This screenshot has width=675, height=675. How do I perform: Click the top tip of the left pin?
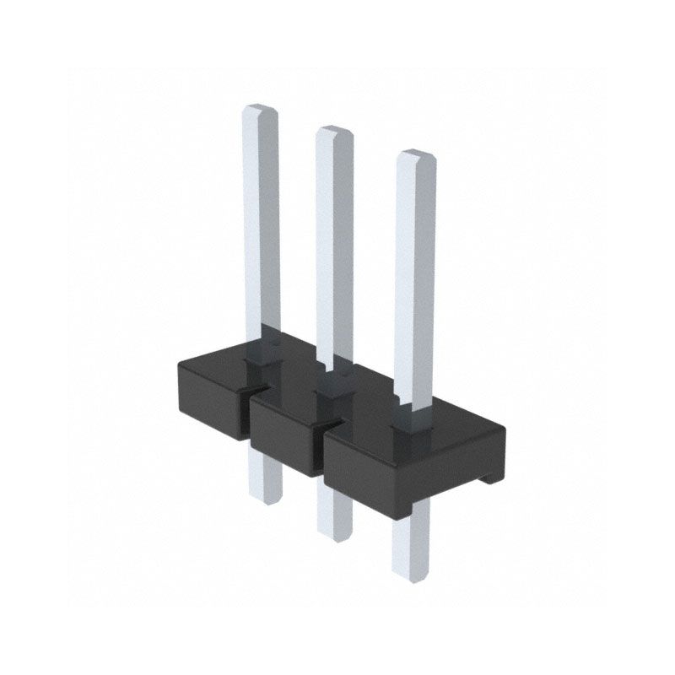point(261,109)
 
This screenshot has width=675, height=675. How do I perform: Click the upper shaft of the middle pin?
point(333,245)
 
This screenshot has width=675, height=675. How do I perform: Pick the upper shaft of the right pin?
point(415,278)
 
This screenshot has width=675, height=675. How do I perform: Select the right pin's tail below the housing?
point(410,540)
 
